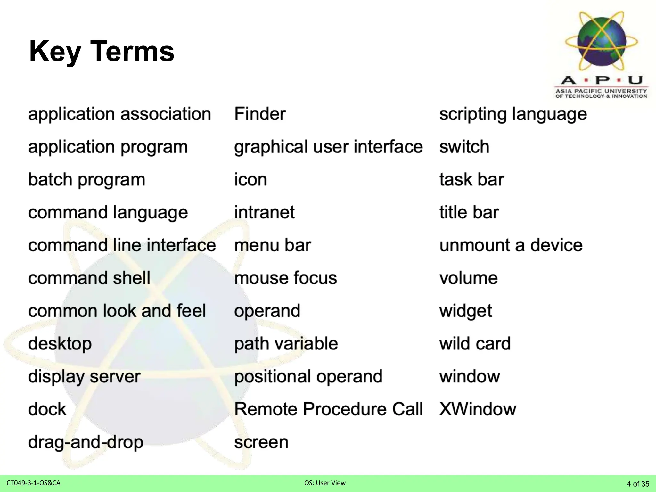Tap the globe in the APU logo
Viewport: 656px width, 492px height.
(602, 41)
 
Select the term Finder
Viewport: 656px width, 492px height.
(260, 114)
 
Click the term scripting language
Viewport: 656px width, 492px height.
(513, 114)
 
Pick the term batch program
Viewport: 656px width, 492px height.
(86, 180)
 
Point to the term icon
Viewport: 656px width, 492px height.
(250, 180)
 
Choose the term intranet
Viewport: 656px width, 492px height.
(264, 212)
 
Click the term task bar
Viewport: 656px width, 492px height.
(471, 180)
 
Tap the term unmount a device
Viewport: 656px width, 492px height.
(511, 245)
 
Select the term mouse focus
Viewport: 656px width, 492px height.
(285, 278)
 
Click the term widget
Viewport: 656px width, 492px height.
(465, 311)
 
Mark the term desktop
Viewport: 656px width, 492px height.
(60, 344)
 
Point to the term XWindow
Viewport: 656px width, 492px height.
(478, 409)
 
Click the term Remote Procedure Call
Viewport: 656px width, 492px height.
(328, 409)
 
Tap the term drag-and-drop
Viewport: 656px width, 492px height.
(86, 442)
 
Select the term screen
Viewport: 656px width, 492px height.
(261, 442)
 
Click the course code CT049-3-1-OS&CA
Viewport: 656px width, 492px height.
(33, 483)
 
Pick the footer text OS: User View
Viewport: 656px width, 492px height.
(325, 483)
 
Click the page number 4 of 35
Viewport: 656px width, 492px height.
(638, 484)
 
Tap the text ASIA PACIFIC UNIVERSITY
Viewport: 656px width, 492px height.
(601, 91)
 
